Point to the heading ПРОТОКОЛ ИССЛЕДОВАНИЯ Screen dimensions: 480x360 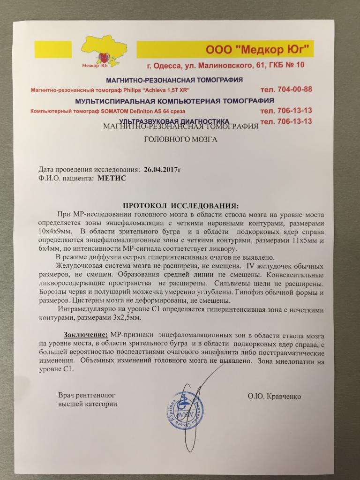(x=180, y=206)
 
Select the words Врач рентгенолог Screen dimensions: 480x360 (x=86, y=395)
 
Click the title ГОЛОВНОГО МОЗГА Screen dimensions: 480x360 (x=180, y=139)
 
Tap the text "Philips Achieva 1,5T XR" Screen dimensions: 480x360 (x=151, y=89)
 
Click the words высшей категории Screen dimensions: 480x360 (x=88, y=404)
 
